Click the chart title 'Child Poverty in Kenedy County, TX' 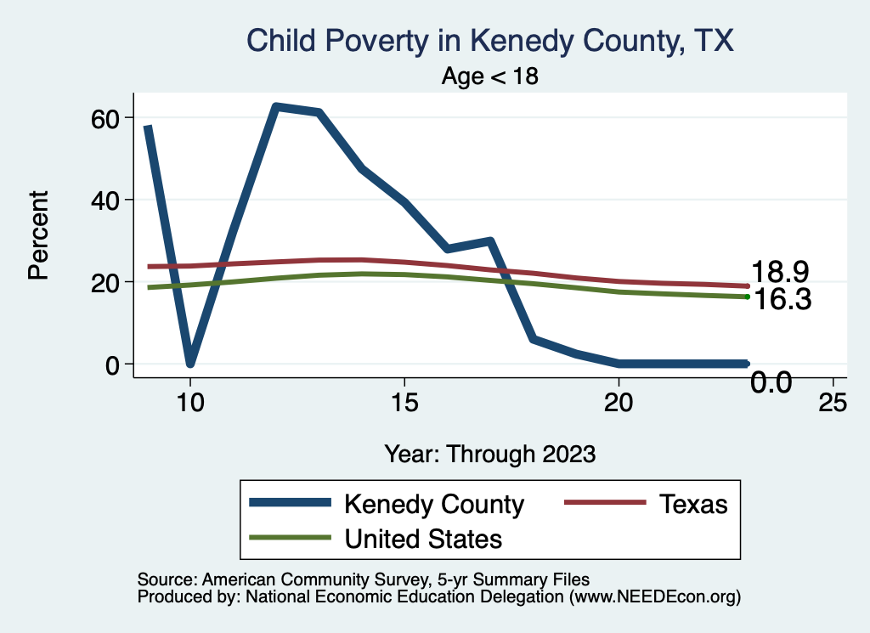coord(489,40)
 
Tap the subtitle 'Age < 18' coord(490,76)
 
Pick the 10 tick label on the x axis coord(190,403)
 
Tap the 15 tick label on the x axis coord(404,403)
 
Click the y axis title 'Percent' coord(38,235)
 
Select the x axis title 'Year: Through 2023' coord(490,453)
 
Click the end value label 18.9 coord(779,272)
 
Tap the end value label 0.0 coord(771,383)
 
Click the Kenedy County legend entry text coord(433,505)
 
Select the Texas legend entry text coord(692,505)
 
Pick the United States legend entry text coord(422,539)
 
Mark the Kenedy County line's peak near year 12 coord(275,106)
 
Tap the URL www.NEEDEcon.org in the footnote coord(652,597)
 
